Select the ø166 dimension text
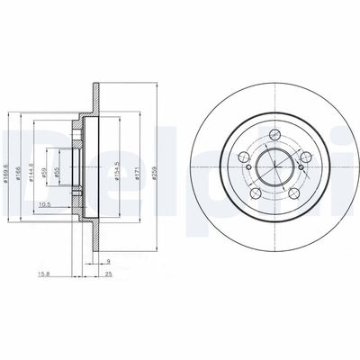20,166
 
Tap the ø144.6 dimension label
31,166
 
